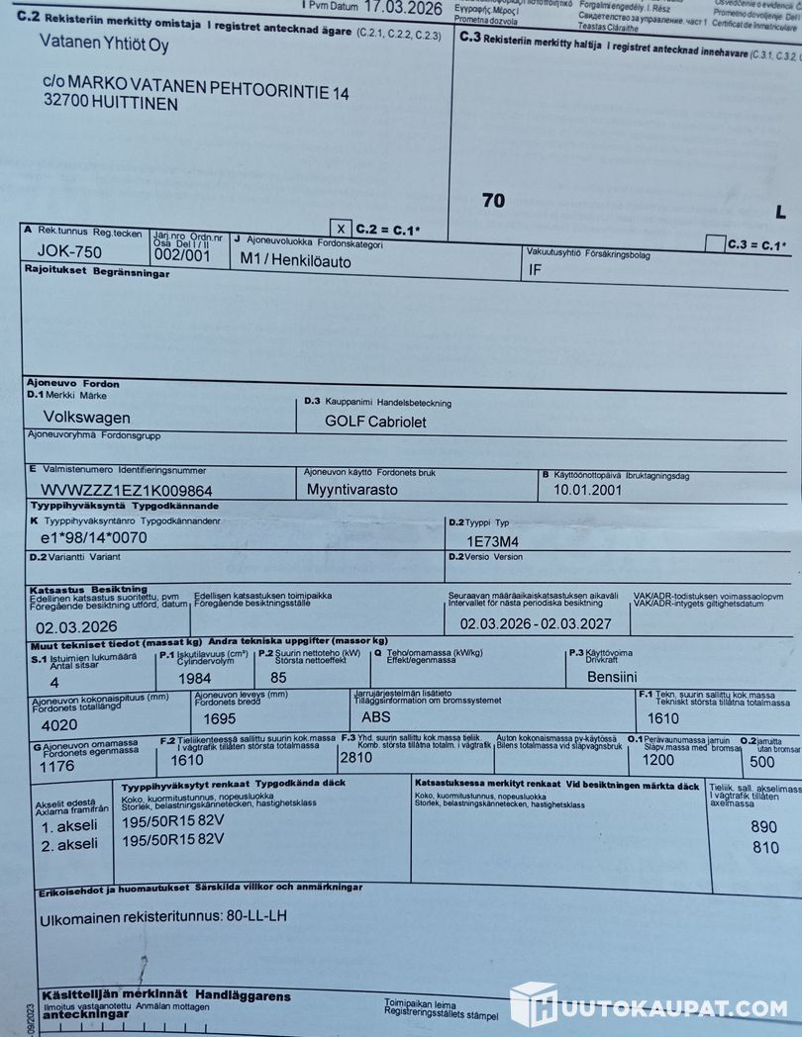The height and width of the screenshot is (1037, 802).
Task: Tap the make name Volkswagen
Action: (86, 417)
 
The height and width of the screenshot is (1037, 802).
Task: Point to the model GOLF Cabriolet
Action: (375, 421)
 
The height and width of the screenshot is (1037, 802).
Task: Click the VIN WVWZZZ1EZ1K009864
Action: (126, 490)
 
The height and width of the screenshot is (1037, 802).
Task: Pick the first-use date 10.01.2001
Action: (587, 489)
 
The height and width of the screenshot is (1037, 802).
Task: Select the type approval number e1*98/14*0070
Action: (93, 538)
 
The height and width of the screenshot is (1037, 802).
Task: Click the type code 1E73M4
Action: (492, 541)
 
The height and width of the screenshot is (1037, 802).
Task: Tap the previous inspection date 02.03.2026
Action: (76, 625)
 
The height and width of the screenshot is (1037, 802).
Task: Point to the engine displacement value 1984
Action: (194, 679)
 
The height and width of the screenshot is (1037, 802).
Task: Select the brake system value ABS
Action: (376, 716)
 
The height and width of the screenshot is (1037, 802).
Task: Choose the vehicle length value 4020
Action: (59, 725)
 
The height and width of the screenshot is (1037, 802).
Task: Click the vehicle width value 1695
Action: (213, 718)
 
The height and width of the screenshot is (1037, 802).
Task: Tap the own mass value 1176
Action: (57, 766)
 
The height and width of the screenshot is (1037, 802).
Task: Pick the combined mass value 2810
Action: (356, 758)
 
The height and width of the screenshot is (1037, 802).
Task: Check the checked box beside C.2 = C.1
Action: (341, 227)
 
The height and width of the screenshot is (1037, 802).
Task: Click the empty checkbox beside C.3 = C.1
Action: (714, 242)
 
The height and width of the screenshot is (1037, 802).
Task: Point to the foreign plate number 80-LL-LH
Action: (256, 917)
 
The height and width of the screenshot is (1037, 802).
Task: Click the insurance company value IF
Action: (536, 268)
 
